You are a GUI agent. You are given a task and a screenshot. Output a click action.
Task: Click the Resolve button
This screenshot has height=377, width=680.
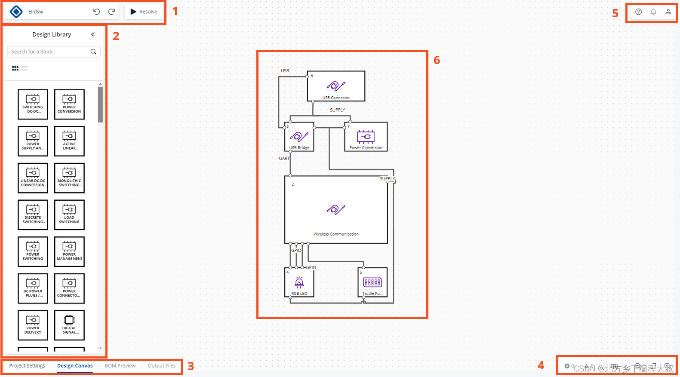144,12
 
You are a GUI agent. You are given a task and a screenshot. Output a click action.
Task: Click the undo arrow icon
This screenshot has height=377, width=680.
96,12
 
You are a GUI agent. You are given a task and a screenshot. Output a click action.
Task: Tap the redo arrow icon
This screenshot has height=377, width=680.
111,12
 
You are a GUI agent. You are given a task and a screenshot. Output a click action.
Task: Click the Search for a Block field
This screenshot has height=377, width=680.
49,52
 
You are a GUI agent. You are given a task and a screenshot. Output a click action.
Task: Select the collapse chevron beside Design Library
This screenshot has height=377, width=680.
92,34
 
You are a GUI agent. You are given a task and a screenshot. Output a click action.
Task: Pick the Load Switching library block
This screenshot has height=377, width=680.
69,215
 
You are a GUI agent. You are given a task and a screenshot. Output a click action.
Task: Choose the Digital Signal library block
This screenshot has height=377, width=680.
69,325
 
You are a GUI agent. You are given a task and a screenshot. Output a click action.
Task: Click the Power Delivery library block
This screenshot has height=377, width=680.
33,325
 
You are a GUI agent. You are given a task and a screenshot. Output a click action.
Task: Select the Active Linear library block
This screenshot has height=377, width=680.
69,141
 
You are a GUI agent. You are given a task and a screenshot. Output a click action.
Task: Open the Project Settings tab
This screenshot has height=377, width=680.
27,366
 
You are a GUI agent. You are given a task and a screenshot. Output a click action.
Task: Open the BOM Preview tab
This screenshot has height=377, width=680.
120,366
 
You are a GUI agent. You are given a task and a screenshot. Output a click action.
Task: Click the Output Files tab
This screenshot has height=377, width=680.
162,366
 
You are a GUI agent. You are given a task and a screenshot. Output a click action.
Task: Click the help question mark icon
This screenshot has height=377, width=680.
638,12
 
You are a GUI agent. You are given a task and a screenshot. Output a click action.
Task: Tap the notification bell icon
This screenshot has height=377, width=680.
653,12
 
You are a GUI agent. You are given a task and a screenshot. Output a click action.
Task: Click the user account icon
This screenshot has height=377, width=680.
668,12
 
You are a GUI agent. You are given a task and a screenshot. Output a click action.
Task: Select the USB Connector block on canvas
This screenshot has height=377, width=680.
336,86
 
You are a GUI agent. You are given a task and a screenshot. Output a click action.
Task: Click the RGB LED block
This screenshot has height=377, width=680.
299,282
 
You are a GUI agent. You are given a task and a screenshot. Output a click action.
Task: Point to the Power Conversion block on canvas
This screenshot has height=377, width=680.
366,137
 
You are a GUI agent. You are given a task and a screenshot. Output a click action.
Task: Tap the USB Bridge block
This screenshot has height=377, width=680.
299,137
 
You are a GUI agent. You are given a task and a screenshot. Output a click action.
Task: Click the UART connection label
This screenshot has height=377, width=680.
284,159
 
